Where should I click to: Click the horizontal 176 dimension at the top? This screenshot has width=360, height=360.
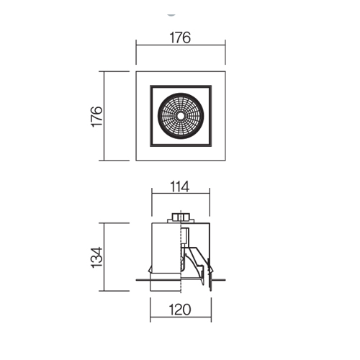tap(180, 37)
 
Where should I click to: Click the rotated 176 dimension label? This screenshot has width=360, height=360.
tap(97, 116)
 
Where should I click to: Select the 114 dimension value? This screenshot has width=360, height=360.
tap(180, 186)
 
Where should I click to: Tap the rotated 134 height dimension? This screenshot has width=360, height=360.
tap(97, 257)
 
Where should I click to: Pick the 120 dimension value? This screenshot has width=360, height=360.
tap(180, 310)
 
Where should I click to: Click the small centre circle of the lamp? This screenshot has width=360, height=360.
tap(181, 116)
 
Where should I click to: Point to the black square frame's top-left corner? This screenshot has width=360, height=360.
tap(150, 86)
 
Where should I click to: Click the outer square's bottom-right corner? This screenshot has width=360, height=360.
tap(225, 161)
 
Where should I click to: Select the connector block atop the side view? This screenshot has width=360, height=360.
tap(181, 218)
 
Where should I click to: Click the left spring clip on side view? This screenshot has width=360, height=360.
tap(150, 269)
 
